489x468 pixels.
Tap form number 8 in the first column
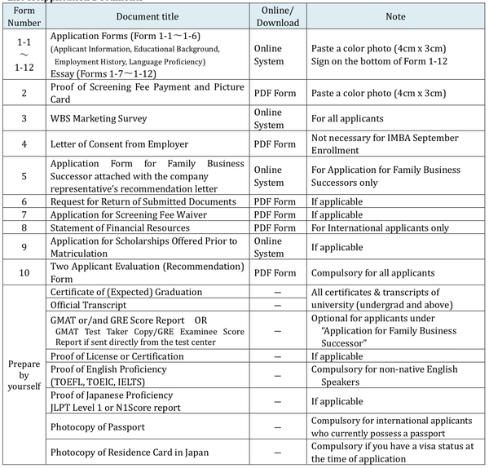[x=24, y=227]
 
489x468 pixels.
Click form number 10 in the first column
[x=24, y=273]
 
